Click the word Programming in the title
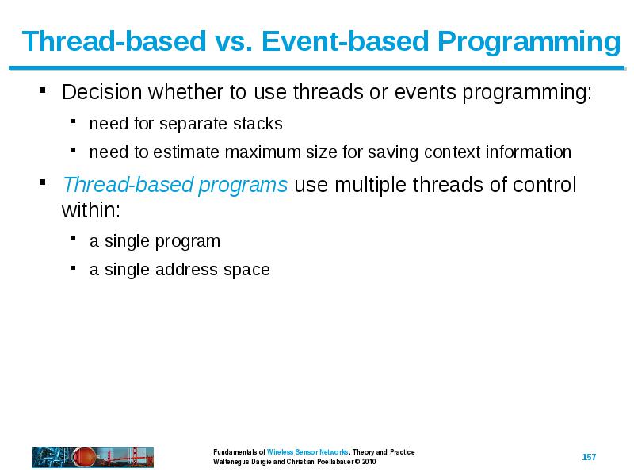(529, 42)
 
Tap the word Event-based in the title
(345, 41)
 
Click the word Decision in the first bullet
(102, 92)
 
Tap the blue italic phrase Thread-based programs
(175, 185)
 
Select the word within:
(91, 210)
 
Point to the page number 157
(589, 457)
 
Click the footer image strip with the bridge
(93, 457)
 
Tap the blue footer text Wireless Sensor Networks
(307, 451)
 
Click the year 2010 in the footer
(369, 462)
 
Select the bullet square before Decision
(43, 90)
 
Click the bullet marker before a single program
(73, 239)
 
